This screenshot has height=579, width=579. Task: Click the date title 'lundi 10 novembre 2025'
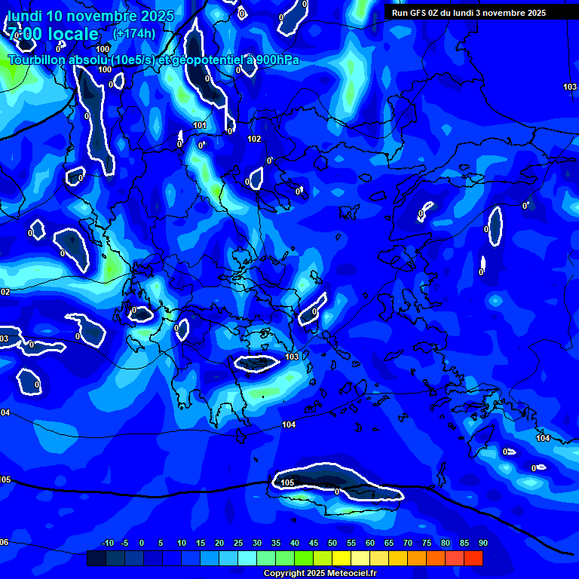(x=91, y=16)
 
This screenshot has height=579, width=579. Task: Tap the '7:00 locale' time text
(x=54, y=34)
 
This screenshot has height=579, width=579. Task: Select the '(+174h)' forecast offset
(x=134, y=33)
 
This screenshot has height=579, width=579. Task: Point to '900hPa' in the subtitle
(x=274, y=60)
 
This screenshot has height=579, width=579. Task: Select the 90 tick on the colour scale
(x=482, y=543)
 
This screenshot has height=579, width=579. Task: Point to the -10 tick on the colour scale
(x=107, y=543)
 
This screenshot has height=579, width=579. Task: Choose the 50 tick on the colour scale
(x=332, y=543)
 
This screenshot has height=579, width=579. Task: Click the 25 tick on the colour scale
(x=238, y=543)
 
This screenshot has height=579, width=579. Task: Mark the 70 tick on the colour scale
(x=408, y=543)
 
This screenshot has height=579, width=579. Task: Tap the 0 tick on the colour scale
(x=142, y=543)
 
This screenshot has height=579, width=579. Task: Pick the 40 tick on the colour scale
(x=295, y=543)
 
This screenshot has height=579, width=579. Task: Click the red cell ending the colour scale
(x=473, y=558)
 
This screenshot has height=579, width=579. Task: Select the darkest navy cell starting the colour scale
(x=96, y=558)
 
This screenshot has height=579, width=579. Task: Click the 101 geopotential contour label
(x=200, y=126)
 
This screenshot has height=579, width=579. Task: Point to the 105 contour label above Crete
(x=287, y=482)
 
